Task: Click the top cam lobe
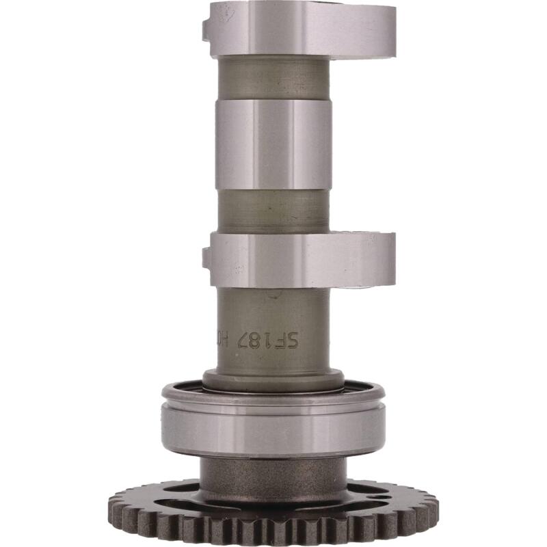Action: click(x=301, y=29)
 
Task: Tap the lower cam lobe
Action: click(x=301, y=259)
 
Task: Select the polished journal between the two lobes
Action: click(x=273, y=144)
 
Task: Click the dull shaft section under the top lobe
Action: click(x=273, y=77)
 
